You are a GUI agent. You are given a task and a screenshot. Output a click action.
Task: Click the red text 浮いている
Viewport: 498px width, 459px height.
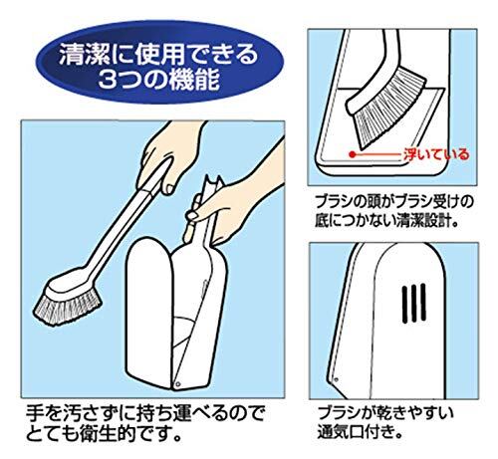pyautogui.click(x=436, y=154)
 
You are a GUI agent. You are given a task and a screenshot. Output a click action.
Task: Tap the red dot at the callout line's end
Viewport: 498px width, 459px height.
pyautogui.click(x=353, y=154)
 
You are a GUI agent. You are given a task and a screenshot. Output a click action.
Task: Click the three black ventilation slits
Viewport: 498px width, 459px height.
pyautogui.click(x=414, y=304)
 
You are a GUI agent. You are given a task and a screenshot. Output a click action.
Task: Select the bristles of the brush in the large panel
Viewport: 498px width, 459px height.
pyautogui.click(x=67, y=309)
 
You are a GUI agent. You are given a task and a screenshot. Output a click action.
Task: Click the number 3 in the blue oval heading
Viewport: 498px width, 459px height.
pyautogui.click(x=109, y=80)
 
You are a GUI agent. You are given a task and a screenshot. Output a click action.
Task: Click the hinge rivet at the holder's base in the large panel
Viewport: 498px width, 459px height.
pyautogui.click(x=178, y=383)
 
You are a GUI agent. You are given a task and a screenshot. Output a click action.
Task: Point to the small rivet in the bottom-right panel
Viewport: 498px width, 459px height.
pyautogui.click(x=336, y=379)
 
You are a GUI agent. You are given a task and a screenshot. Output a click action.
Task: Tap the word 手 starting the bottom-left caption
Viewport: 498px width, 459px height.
pyautogui.click(x=35, y=413)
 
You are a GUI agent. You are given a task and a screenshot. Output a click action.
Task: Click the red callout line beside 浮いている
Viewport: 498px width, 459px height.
pyautogui.click(x=377, y=154)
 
